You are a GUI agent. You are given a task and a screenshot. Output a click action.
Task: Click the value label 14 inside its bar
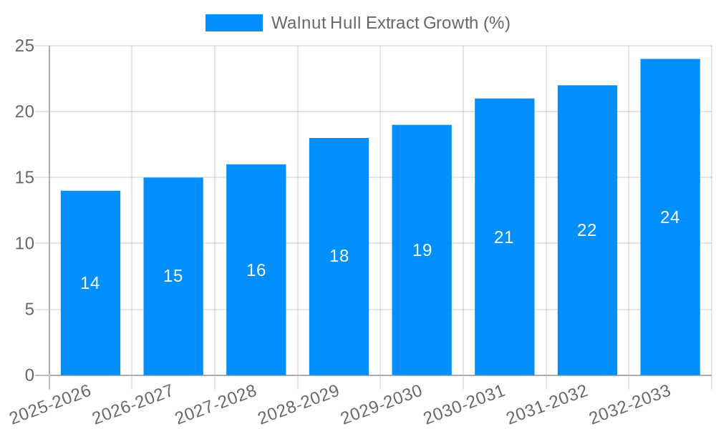coord(90,283)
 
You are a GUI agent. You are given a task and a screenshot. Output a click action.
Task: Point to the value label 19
coord(422,250)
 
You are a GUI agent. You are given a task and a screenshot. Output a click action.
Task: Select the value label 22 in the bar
coord(586,230)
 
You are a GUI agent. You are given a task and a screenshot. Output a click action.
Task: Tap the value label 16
coord(256,270)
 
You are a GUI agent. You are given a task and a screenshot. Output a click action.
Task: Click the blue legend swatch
coord(233,23)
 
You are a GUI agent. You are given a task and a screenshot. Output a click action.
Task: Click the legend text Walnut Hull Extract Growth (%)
coord(390,23)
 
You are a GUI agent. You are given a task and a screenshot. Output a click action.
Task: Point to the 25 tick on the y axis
coord(24,46)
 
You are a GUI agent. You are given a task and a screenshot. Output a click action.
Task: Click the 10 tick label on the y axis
coord(24,244)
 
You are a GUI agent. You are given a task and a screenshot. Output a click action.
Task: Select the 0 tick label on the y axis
coord(29,375)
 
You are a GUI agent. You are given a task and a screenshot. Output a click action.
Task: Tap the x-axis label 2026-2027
coord(133,404)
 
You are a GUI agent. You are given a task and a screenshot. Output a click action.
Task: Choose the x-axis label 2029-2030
coord(382,404)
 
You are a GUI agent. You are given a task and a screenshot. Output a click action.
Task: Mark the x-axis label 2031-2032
coord(548,404)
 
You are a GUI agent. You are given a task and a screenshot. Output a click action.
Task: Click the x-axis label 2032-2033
coord(630,404)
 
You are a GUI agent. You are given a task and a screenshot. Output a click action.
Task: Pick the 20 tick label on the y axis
coord(24,112)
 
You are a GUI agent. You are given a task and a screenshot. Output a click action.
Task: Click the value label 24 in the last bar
coord(669,217)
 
